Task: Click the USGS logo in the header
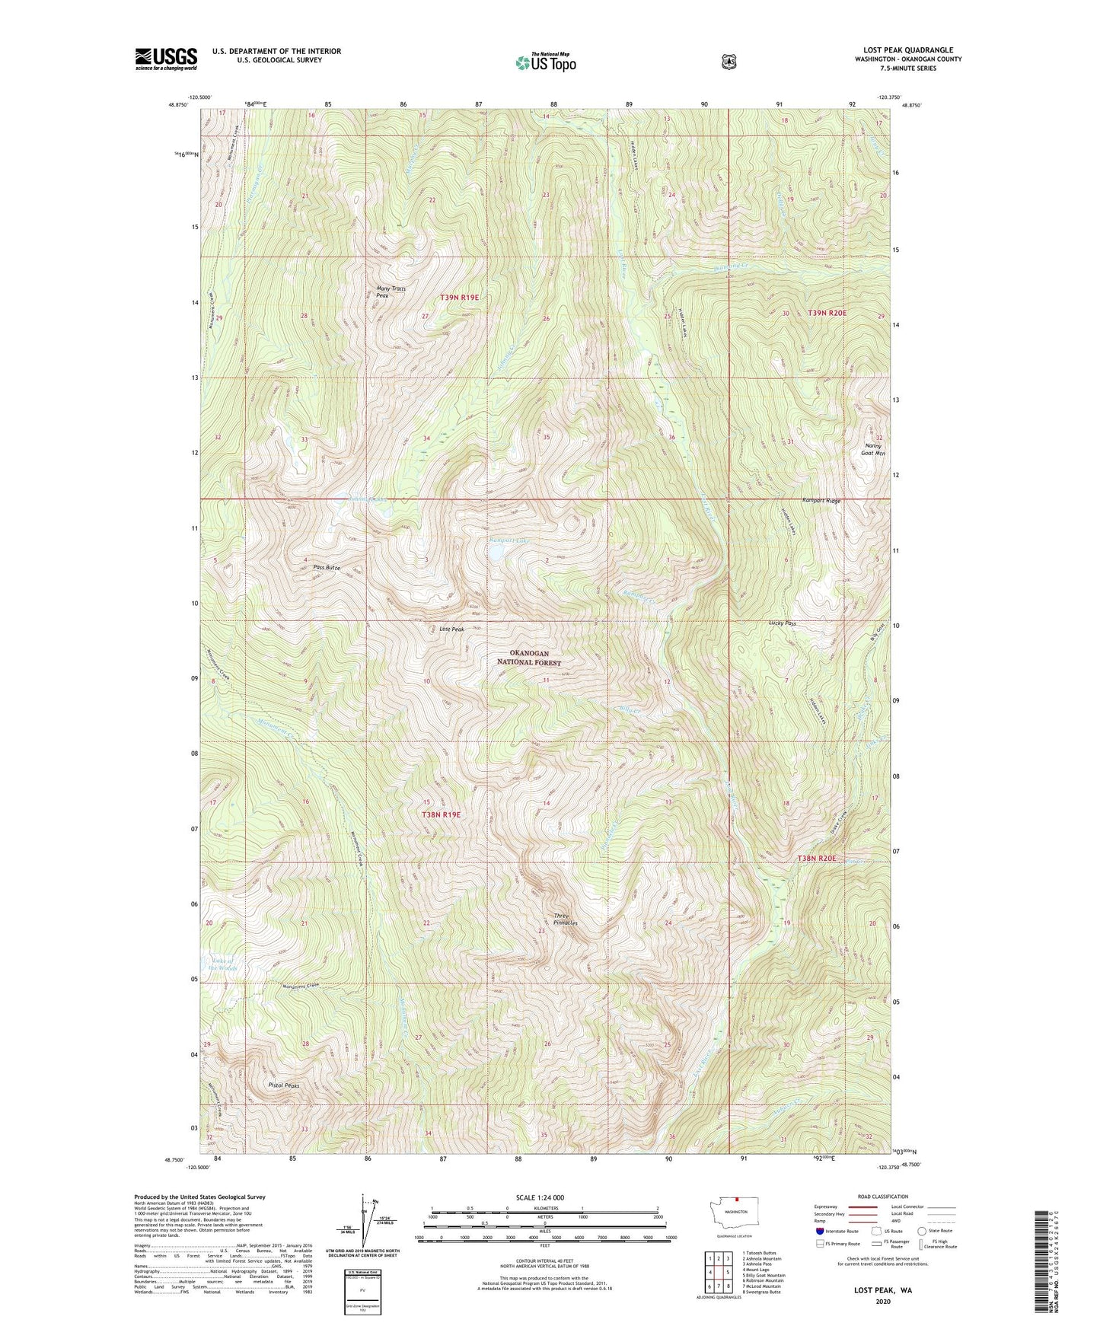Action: click(x=166, y=59)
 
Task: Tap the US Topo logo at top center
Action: click(x=545, y=62)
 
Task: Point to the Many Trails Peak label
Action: click(x=391, y=292)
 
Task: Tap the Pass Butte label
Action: click(x=326, y=568)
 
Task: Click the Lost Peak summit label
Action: click(x=451, y=629)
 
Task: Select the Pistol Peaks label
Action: click(x=283, y=1085)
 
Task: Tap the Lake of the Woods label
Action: click(x=220, y=964)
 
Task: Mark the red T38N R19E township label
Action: click(x=442, y=814)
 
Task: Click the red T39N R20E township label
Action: click(x=827, y=313)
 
